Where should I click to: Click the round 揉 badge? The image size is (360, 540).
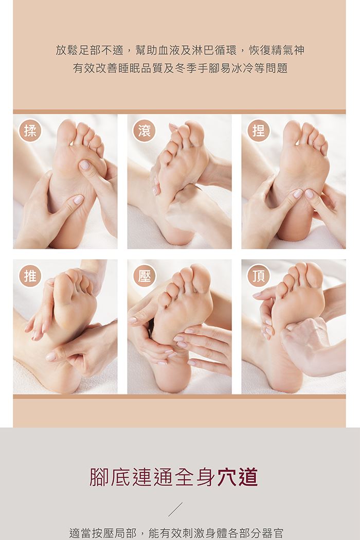pyautogui.click(x=30, y=131)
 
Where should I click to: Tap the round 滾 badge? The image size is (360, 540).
pyautogui.click(x=145, y=131)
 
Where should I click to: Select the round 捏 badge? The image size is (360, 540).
pyautogui.click(x=258, y=131)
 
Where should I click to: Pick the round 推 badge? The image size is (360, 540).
pyautogui.click(x=30, y=276)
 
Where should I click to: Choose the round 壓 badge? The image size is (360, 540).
pyautogui.click(x=145, y=276)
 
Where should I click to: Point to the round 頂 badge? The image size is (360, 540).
pyautogui.click(x=258, y=276)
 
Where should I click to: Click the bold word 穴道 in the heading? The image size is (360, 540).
pyautogui.click(x=238, y=477)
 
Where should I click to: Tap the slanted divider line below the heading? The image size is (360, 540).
pyautogui.click(x=175, y=509)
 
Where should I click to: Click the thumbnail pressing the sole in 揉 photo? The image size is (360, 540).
pyautogui.click(x=85, y=165)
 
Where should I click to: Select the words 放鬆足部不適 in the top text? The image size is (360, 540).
pyautogui.click(x=89, y=50)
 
